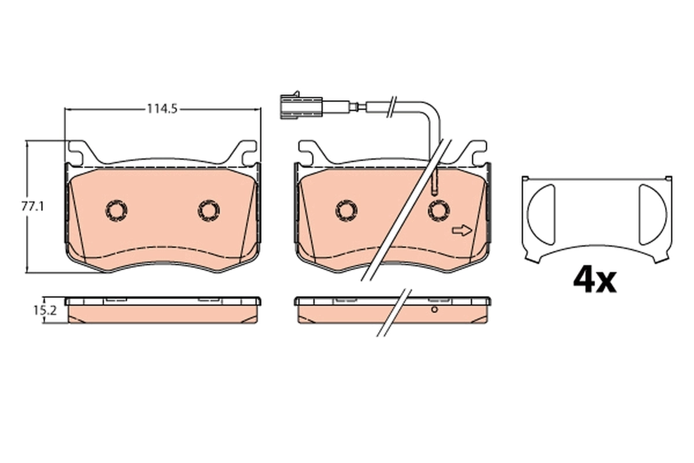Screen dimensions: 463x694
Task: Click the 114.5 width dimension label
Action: (x=161, y=108)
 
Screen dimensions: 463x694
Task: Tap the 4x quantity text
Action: (x=595, y=280)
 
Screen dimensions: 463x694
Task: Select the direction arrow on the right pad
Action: (x=462, y=231)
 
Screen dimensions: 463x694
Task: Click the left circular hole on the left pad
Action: (x=116, y=210)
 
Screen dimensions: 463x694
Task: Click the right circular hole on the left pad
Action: (x=208, y=210)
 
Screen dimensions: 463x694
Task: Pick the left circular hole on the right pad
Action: (x=346, y=210)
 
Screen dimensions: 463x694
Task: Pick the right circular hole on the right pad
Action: (x=438, y=210)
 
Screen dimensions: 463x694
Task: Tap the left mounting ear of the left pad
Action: (x=79, y=152)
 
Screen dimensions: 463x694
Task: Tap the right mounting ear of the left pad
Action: (x=245, y=152)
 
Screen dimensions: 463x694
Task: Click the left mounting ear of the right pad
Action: (x=309, y=152)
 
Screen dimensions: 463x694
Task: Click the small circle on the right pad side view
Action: (x=433, y=311)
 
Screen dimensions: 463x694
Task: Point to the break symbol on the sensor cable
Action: (x=393, y=105)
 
